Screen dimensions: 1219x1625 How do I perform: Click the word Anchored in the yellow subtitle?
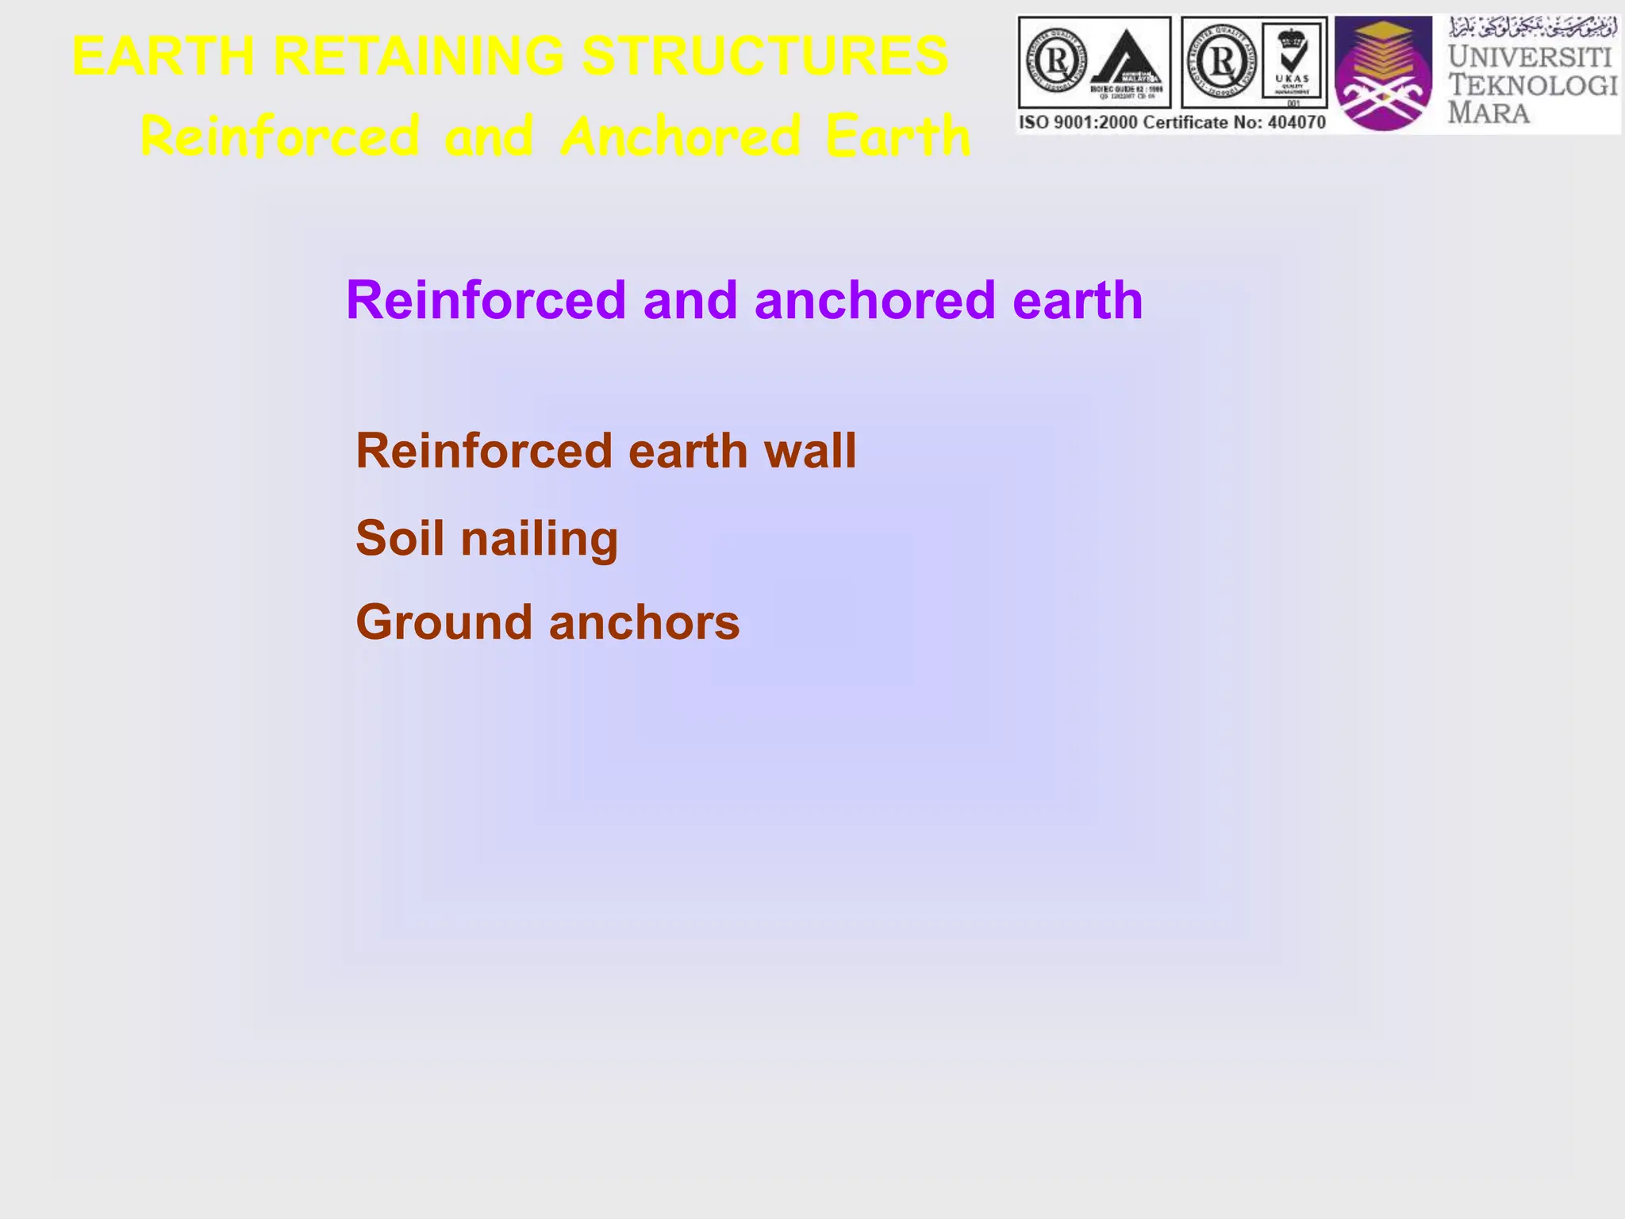[x=680, y=137]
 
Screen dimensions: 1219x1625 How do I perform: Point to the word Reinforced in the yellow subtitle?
[x=279, y=137]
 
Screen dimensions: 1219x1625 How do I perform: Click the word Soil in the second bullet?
[x=400, y=538]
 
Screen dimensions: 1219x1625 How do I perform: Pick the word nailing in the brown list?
[x=540, y=540]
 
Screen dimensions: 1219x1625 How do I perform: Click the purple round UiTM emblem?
[x=1383, y=73]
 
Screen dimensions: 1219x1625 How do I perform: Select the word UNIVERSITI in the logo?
[x=1531, y=57]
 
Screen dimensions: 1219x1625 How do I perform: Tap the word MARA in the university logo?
[x=1489, y=113]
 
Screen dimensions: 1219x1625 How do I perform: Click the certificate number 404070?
[x=1296, y=122]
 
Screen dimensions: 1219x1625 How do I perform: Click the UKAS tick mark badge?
[x=1293, y=62]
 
